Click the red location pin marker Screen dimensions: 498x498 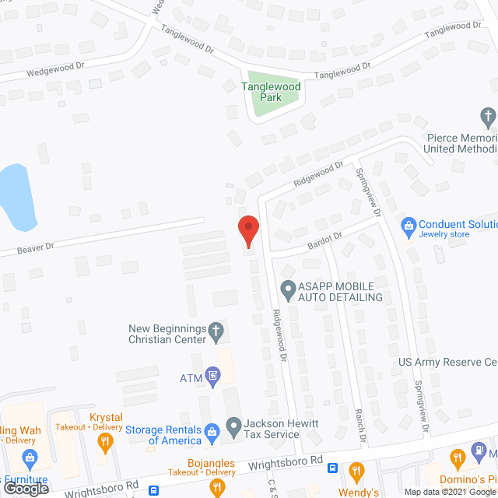click(248, 230)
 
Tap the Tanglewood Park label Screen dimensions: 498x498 click(270, 92)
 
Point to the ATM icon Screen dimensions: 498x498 click(212, 378)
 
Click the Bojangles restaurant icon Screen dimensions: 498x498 click(217, 487)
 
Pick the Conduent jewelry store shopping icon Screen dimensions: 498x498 click(408, 225)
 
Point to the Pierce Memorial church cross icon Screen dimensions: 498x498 click(488, 118)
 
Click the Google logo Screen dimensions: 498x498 click(24, 488)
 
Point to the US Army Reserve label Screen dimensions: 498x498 click(447, 363)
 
